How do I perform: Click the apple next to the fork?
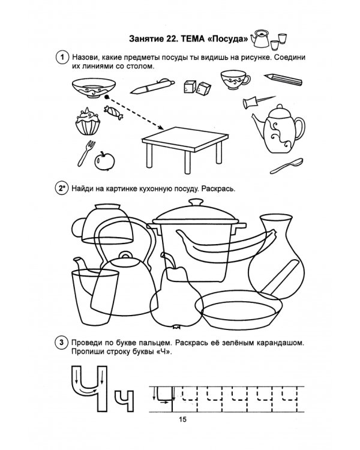point(104,161)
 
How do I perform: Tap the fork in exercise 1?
point(86,153)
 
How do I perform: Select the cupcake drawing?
point(88,121)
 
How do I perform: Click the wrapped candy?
point(113,112)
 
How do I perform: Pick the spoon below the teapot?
point(287,166)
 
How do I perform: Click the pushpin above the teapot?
point(259,101)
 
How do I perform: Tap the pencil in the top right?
point(283,79)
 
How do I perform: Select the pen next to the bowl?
point(152,86)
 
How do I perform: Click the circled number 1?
point(62,58)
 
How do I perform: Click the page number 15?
point(182,419)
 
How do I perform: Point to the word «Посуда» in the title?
point(227,39)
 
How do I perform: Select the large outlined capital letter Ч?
point(89,389)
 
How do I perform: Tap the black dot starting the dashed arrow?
point(107,97)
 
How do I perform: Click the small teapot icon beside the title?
point(260,38)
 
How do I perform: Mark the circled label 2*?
point(61,188)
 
